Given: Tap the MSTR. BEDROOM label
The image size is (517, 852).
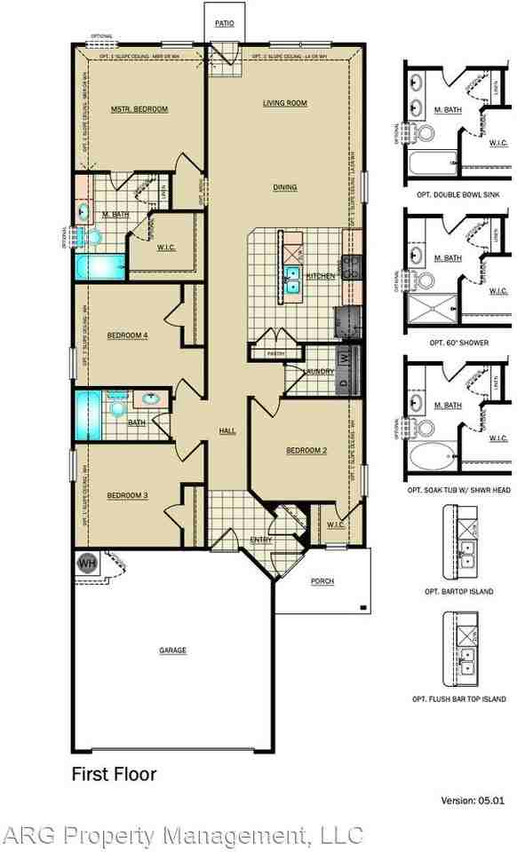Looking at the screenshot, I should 139,109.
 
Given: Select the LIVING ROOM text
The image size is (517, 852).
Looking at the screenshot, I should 284,103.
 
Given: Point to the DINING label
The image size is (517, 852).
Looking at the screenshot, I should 285,186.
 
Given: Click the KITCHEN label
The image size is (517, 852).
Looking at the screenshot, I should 321,276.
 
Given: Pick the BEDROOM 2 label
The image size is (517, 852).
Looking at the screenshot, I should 306,450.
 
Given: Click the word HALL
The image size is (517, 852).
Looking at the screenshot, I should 227,430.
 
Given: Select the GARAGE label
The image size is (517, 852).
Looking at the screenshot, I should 172,651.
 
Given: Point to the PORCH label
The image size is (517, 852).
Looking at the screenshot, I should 322,582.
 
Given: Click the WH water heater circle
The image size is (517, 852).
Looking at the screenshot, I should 86,563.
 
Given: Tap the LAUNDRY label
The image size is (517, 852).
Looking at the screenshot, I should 317,371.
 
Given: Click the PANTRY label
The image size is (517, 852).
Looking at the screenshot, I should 275,353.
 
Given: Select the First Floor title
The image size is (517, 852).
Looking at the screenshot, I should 114,774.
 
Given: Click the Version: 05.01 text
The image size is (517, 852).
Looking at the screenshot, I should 473,800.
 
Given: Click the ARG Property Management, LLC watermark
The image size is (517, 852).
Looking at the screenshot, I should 182,835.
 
